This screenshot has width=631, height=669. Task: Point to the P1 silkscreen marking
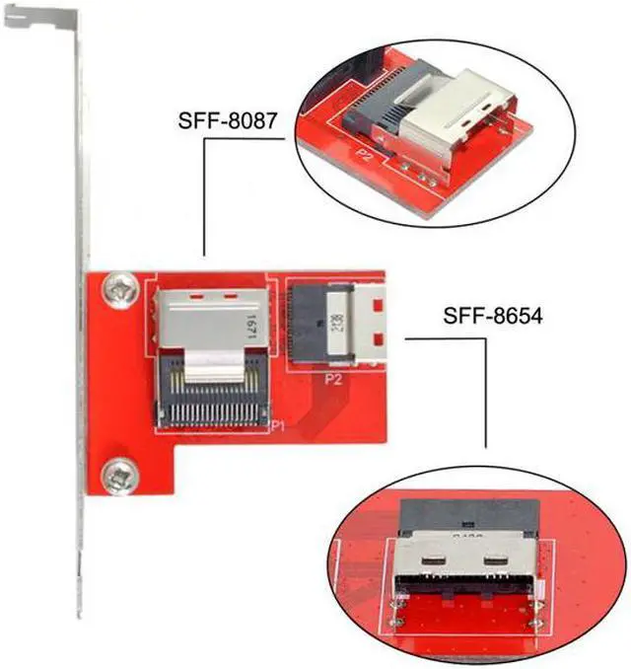(277, 425)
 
